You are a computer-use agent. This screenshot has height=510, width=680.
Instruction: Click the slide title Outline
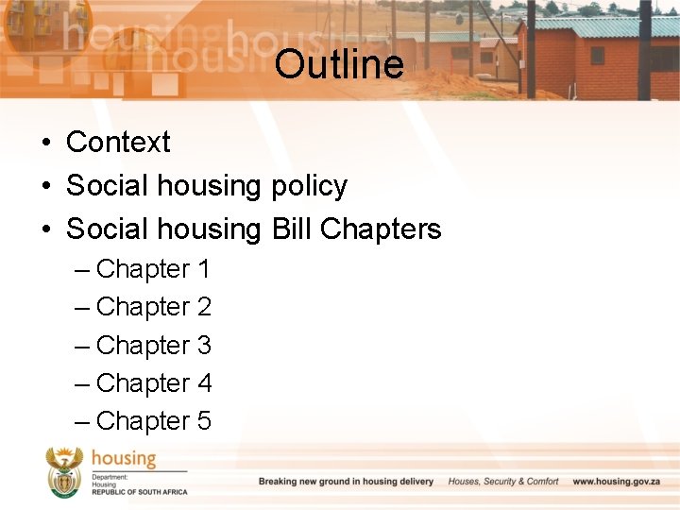pyautogui.click(x=339, y=65)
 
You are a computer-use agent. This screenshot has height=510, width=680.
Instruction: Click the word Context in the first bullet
pyautogui.click(x=118, y=143)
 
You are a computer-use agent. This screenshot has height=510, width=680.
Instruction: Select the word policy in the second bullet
pyautogui.click(x=309, y=186)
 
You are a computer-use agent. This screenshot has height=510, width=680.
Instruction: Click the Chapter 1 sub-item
pyautogui.click(x=153, y=270)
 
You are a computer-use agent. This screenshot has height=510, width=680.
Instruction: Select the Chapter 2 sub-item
pyautogui.click(x=153, y=308)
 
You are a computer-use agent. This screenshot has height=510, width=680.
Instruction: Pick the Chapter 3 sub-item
pyautogui.click(x=153, y=346)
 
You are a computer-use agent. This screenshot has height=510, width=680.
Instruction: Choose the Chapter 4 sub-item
pyautogui.click(x=153, y=383)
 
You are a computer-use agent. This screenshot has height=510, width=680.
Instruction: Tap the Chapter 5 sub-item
pyautogui.click(x=153, y=421)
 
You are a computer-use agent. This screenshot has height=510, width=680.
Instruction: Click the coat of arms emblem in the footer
pyautogui.click(x=65, y=473)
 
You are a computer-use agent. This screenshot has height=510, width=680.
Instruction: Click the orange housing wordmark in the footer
pyautogui.click(x=124, y=460)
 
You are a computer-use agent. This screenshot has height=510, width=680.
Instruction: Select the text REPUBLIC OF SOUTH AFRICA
pyautogui.click(x=139, y=492)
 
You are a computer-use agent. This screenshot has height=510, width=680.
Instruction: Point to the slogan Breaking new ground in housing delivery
pyautogui.click(x=346, y=482)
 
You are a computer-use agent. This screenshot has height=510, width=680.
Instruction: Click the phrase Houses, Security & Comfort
pyautogui.click(x=503, y=482)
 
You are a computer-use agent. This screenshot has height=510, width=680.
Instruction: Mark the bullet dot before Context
pyautogui.click(x=45, y=144)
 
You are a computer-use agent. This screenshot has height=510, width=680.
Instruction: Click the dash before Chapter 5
pyautogui.click(x=82, y=421)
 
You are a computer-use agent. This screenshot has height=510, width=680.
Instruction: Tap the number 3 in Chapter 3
pyautogui.click(x=204, y=346)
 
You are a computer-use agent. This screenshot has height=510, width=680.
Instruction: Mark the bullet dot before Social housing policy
pyautogui.click(x=45, y=187)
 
